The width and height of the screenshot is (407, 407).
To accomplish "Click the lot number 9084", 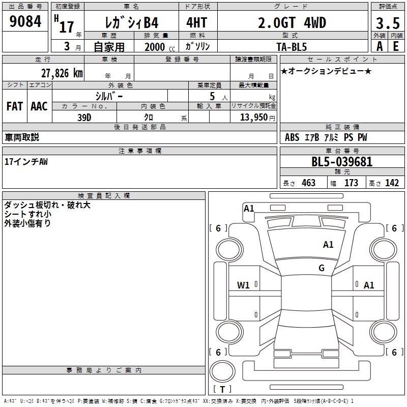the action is (25, 21).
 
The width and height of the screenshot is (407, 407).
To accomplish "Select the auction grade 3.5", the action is (388, 23).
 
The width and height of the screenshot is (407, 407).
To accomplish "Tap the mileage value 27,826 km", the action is (62, 73).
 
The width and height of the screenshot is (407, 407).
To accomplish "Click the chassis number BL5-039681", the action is (342, 162).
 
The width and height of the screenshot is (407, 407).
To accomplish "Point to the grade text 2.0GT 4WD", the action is (292, 22).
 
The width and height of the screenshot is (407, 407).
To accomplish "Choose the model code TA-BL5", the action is (292, 47).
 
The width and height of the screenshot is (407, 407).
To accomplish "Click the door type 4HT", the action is (197, 22).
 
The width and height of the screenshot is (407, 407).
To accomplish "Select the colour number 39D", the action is (84, 118).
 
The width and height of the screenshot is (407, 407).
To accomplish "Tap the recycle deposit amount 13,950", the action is (254, 117).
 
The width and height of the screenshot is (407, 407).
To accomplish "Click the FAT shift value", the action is (15, 106).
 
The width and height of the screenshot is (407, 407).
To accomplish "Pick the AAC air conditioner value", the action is (39, 106).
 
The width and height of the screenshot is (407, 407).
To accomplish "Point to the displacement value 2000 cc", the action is (160, 47).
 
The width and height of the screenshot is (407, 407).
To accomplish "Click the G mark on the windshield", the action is (322, 268).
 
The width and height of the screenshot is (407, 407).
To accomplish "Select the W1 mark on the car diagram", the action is (243, 285).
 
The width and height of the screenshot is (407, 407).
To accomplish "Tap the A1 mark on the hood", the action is (328, 245).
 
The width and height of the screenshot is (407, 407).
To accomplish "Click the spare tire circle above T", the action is (222, 371).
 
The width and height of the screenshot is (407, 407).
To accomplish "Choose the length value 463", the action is (309, 183).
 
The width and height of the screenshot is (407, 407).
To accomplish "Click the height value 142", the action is (392, 183).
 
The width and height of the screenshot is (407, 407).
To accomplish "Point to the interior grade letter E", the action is (396, 46).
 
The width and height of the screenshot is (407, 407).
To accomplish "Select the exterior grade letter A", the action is (380, 46).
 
